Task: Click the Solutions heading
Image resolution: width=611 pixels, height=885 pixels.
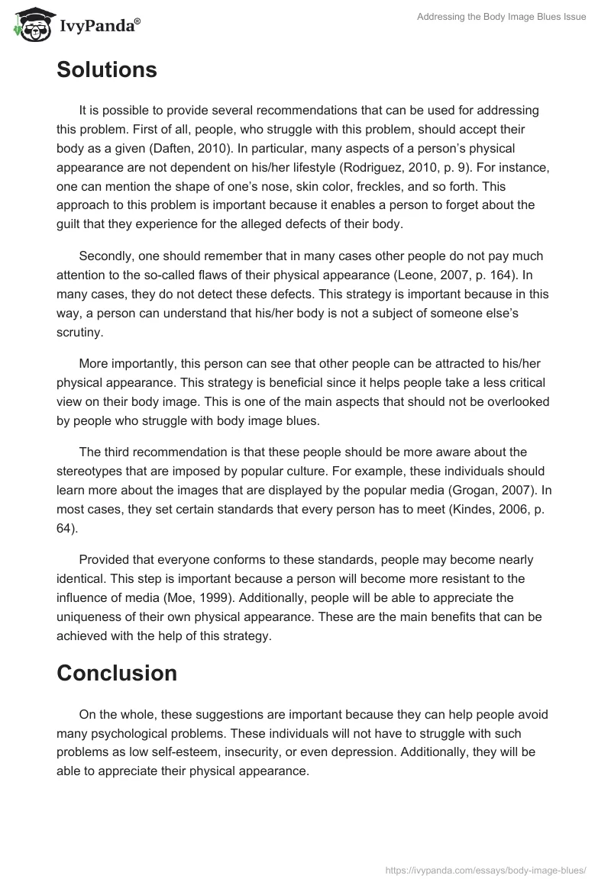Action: [107, 70]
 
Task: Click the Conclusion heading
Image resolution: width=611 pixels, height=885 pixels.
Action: [117, 673]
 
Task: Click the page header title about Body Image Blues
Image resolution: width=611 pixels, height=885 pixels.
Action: [501, 18]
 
